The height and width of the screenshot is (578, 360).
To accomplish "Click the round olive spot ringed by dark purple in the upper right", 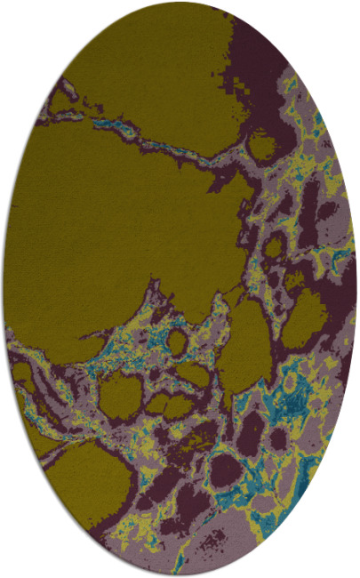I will (262, 143).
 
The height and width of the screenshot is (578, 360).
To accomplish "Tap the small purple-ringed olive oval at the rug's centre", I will (178, 341).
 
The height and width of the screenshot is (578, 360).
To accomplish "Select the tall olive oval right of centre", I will (245, 347).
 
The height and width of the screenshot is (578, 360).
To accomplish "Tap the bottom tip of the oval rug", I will (180, 574).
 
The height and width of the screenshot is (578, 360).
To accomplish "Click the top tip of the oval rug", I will (180, 4).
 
